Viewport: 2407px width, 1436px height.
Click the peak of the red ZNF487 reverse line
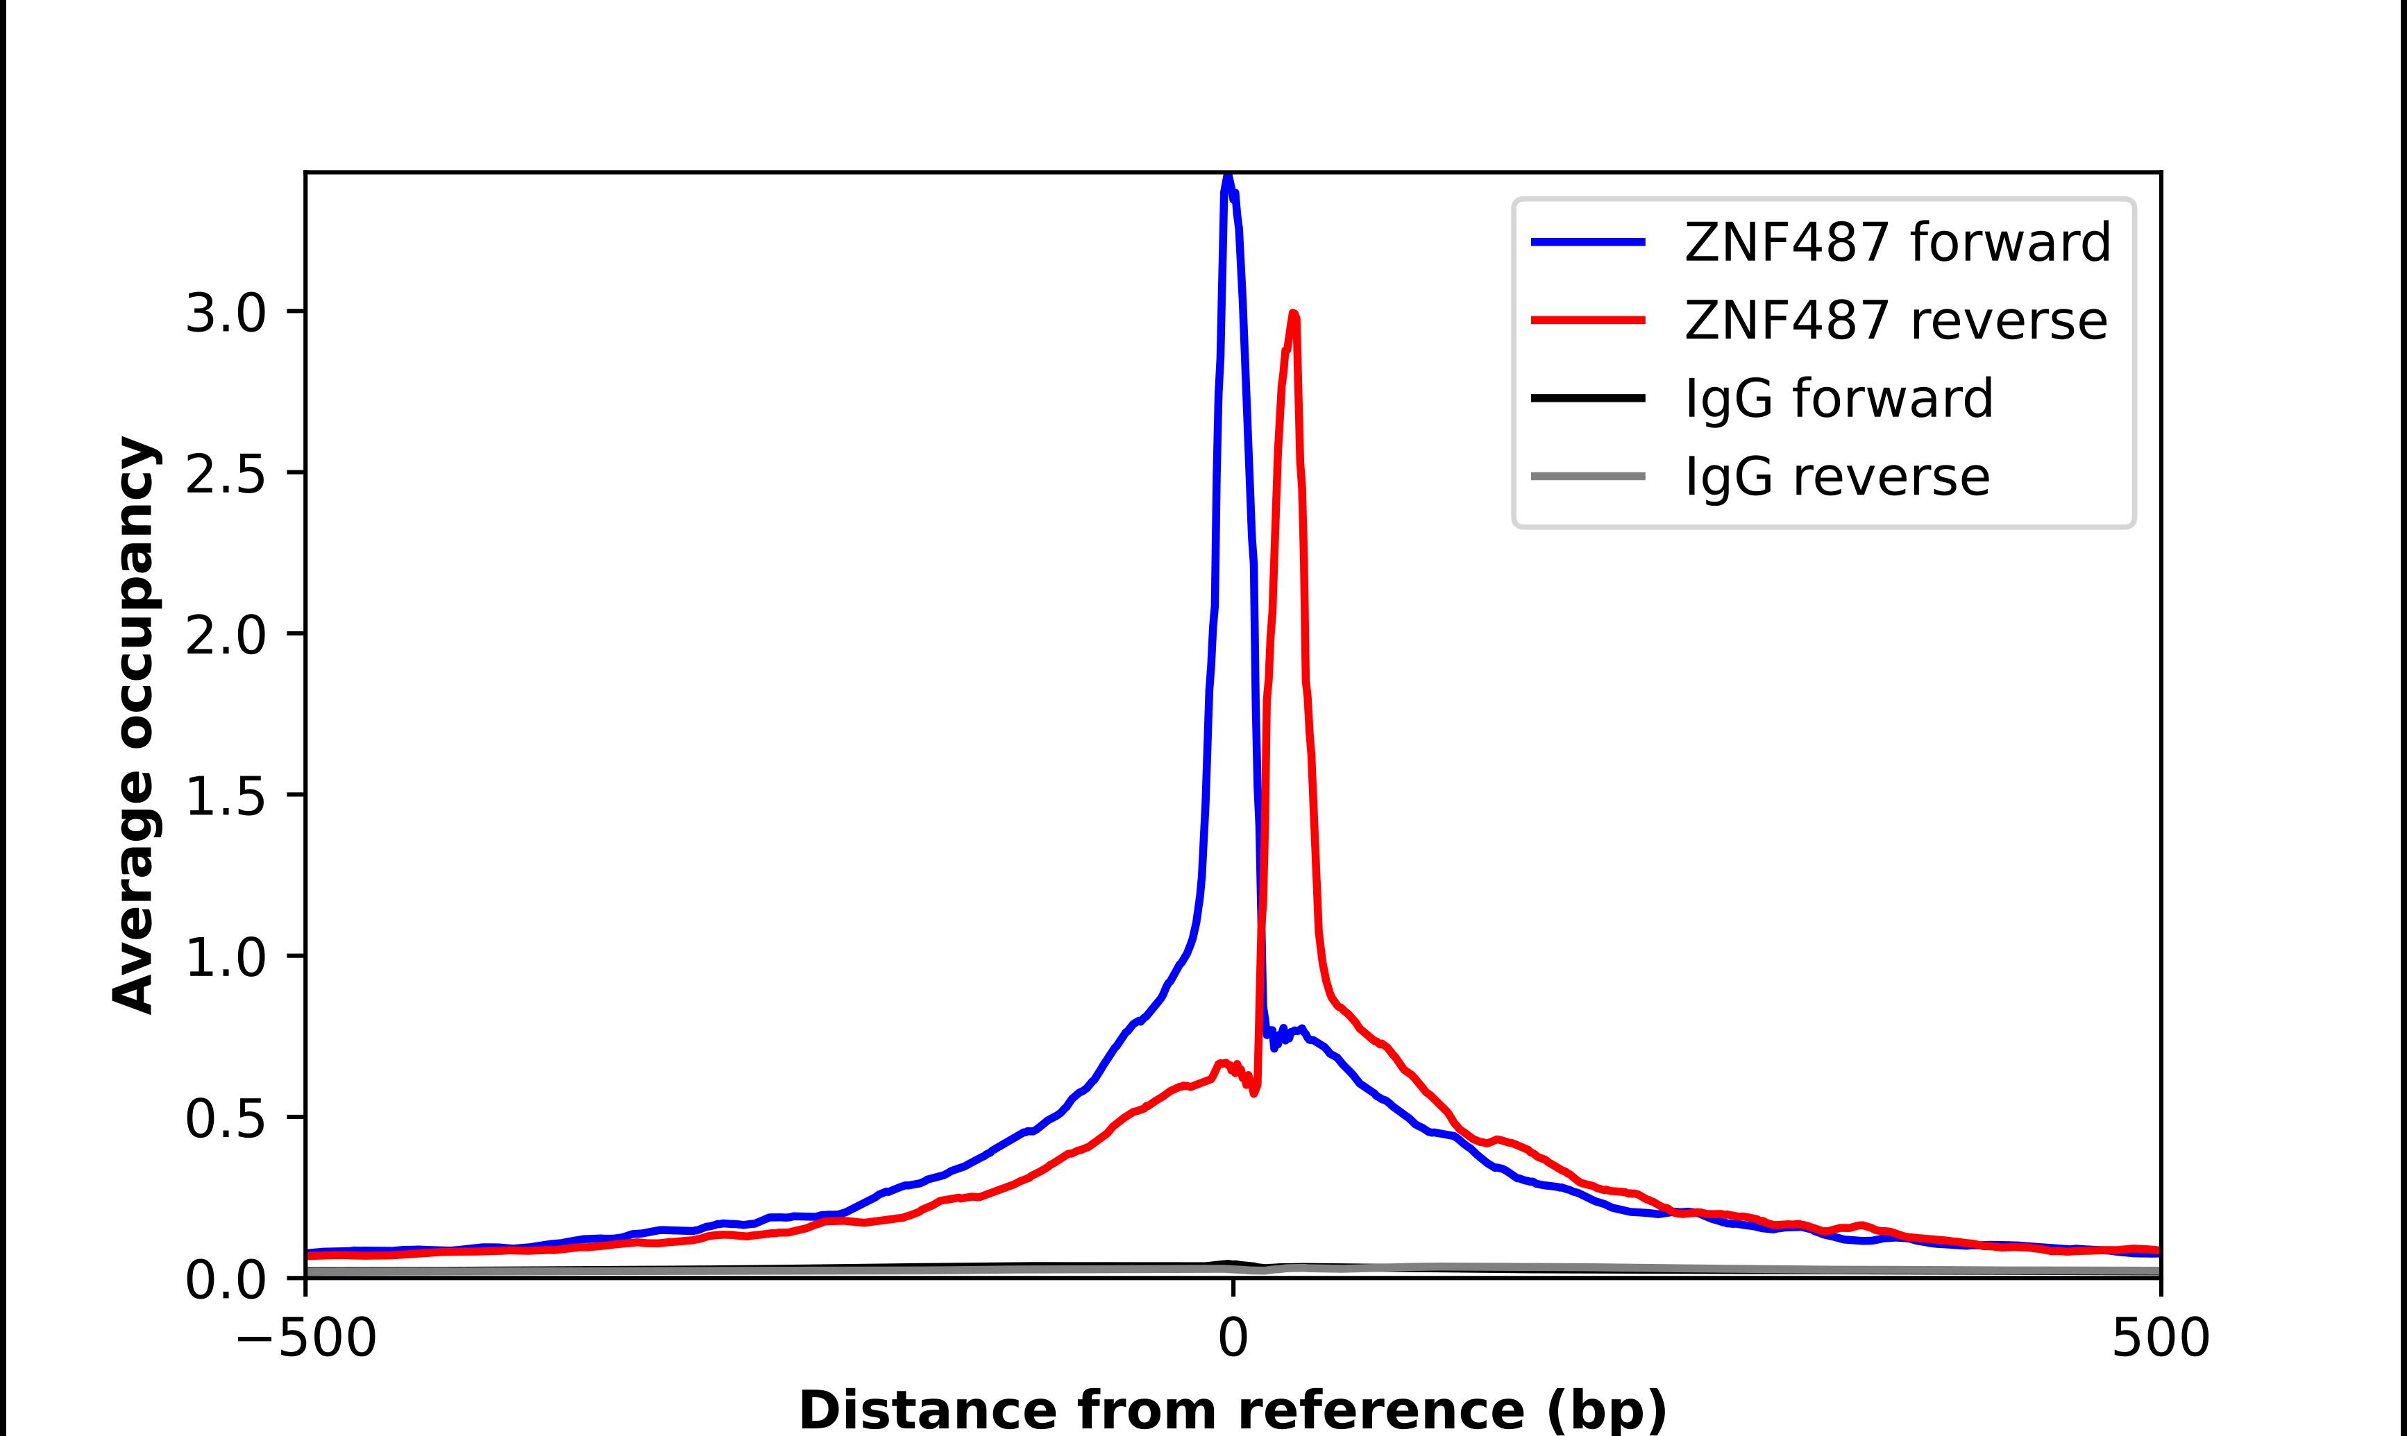point(1294,314)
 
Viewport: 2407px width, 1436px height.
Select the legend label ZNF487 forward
point(1897,242)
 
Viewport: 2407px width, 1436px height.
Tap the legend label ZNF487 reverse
point(1895,320)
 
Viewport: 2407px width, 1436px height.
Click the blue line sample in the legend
point(1588,242)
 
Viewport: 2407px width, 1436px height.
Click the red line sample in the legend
point(1588,320)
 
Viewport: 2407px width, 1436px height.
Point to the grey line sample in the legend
point(1588,476)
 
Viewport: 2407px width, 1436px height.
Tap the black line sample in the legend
point(1588,398)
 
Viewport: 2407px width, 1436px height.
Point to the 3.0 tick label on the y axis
point(225,314)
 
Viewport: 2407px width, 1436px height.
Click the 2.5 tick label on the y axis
point(225,474)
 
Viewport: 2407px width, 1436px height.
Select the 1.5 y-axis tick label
point(225,796)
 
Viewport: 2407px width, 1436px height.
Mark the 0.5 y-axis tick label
point(225,1118)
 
